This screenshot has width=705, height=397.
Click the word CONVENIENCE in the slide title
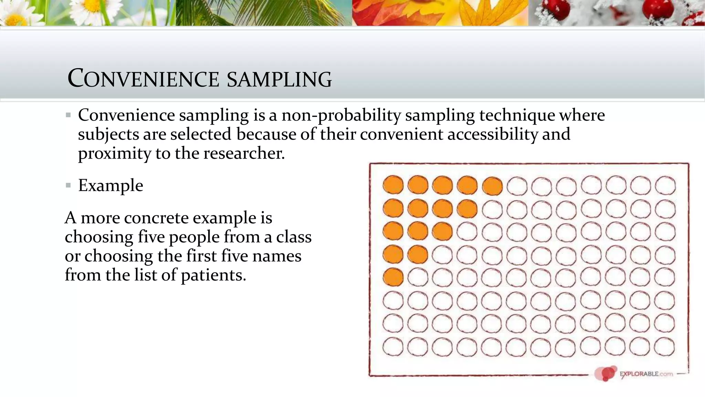[x=143, y=79]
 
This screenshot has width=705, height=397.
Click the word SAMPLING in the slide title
[x=279, y=79]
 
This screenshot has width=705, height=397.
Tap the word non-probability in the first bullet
[x=341, y=115]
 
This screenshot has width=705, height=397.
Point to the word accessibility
[x=492, y=134]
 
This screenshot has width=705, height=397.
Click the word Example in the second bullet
[x=111, y=186]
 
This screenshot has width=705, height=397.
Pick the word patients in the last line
[x=213, y=275]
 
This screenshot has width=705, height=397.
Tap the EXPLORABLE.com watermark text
[x=646, y=374]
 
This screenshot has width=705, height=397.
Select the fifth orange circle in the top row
[x=492, y=186]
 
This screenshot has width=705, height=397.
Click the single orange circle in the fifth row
[x=393, y=277]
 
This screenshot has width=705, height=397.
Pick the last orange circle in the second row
[x=467, y=209]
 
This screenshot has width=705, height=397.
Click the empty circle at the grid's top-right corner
[x=665, y=186]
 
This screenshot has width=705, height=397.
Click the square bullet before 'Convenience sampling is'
[x=68, y=115]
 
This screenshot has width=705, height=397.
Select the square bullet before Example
[x=68, y=186]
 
